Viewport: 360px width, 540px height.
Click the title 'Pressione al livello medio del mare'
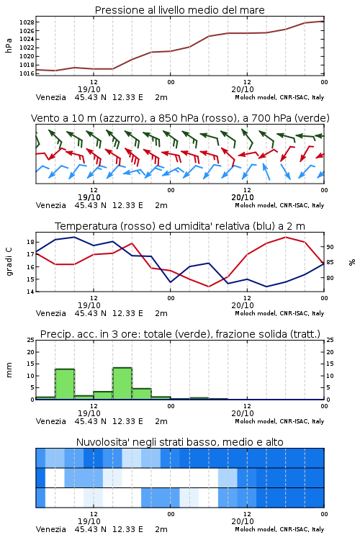pos(179,10)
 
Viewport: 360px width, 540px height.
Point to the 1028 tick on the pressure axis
pos(27,22)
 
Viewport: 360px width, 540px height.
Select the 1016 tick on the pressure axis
pos(27,73)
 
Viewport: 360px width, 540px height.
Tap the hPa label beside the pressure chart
pos(9,45)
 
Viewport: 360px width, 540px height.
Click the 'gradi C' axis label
pos(9,261)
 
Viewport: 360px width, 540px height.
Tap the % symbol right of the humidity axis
pos(352,262)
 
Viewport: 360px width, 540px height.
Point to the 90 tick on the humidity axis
pos(330,247)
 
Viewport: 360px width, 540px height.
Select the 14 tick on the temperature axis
pos(31,292)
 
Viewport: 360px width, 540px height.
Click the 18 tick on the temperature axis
pos(31,242)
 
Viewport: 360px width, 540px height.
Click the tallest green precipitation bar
pos(122,384)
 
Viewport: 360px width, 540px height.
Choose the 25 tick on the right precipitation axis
pos(330,340)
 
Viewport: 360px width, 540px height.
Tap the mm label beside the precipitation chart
pos(9,370)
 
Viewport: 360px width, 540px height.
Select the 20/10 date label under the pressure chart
pos(243,89)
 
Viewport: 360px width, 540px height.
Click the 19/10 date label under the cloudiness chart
pos(89,521)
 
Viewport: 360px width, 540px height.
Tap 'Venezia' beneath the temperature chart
pos(50,313)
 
